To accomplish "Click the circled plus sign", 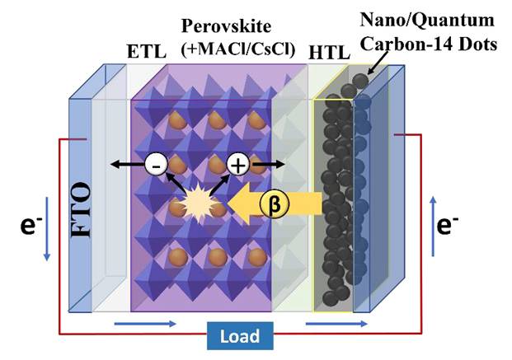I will (238, 165).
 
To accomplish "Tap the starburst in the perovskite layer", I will (198, 203).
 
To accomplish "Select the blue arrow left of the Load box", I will (153, 324).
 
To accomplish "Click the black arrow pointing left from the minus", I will (129, 165).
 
